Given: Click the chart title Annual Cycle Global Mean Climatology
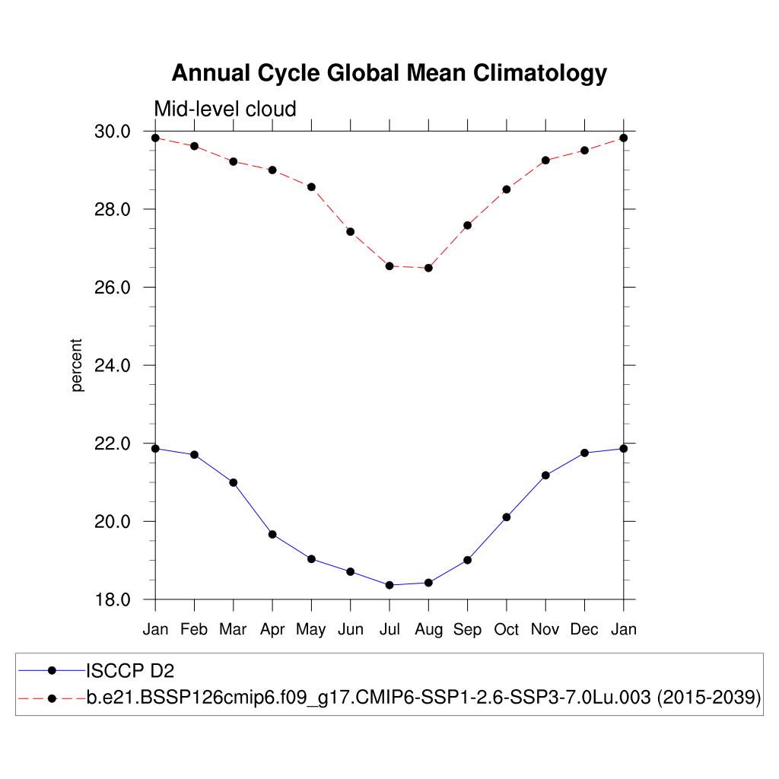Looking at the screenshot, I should [x=389, y=73].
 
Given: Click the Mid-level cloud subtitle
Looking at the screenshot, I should [x=225, y=110].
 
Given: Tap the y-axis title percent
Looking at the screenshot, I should [x=77, y=365].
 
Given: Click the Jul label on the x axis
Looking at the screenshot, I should [x=389, y=629].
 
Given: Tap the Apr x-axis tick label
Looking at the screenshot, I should [x=272, y=629].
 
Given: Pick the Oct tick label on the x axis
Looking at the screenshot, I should [x=507, y=629].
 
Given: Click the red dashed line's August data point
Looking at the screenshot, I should [x=428, y=268].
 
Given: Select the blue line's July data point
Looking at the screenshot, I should [x=389, y=585].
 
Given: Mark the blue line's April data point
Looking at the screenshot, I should [x=272, y=534].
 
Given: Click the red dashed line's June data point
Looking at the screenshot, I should [x=351, y=231].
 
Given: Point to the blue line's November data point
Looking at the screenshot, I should [x=545, y=475].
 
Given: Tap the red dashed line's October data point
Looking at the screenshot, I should [x=507, y=189].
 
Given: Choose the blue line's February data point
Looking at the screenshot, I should [x=195, y=455].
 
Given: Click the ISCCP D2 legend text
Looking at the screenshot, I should [x=125, y=670].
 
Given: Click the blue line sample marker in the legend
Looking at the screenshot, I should [x=52, y=670].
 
